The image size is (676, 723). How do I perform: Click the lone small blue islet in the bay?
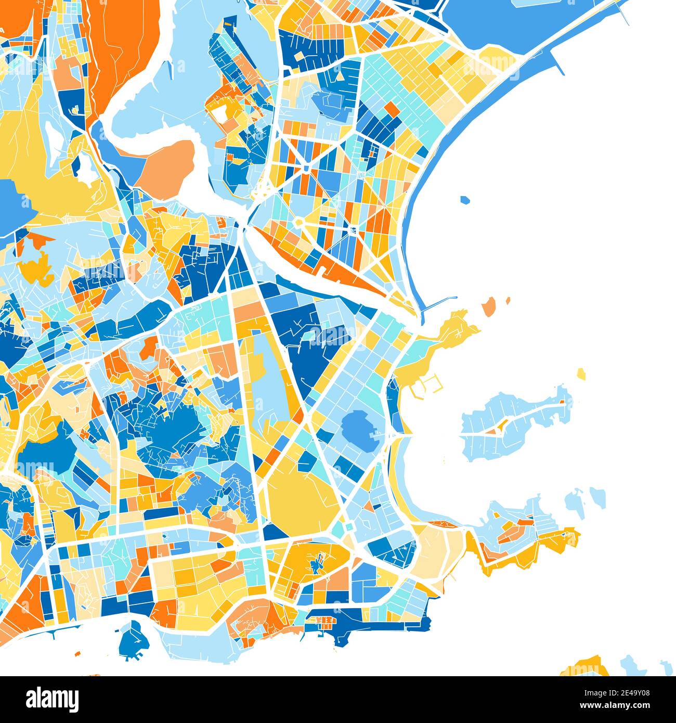465,200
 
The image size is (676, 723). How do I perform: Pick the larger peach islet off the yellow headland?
489,307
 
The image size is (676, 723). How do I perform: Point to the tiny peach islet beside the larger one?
508,300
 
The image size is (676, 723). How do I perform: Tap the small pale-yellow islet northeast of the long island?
581,373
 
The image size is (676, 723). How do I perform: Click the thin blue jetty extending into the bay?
439,302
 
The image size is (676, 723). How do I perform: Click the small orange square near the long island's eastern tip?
562,402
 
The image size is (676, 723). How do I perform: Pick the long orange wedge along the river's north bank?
333,270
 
